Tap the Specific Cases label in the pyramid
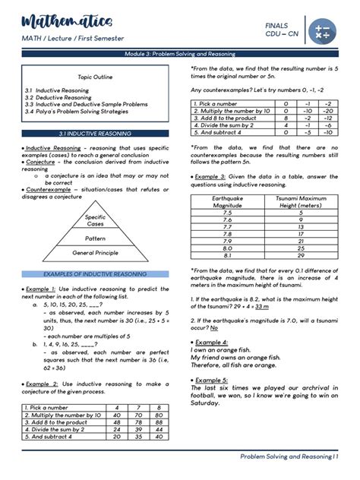[96, 221]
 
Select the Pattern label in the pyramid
[96, 238]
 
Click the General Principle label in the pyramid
[96, 253]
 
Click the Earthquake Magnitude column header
[227, 201]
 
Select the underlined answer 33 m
[261, 307]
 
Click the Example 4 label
[211, 343]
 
